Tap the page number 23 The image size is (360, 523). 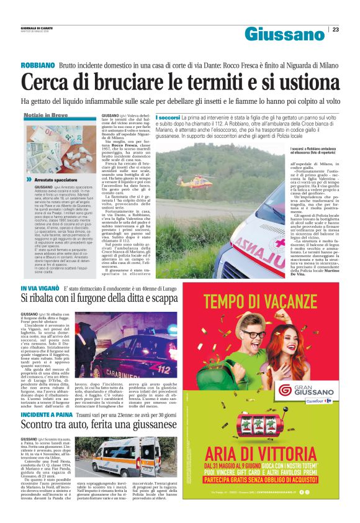[x=335, y=29]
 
